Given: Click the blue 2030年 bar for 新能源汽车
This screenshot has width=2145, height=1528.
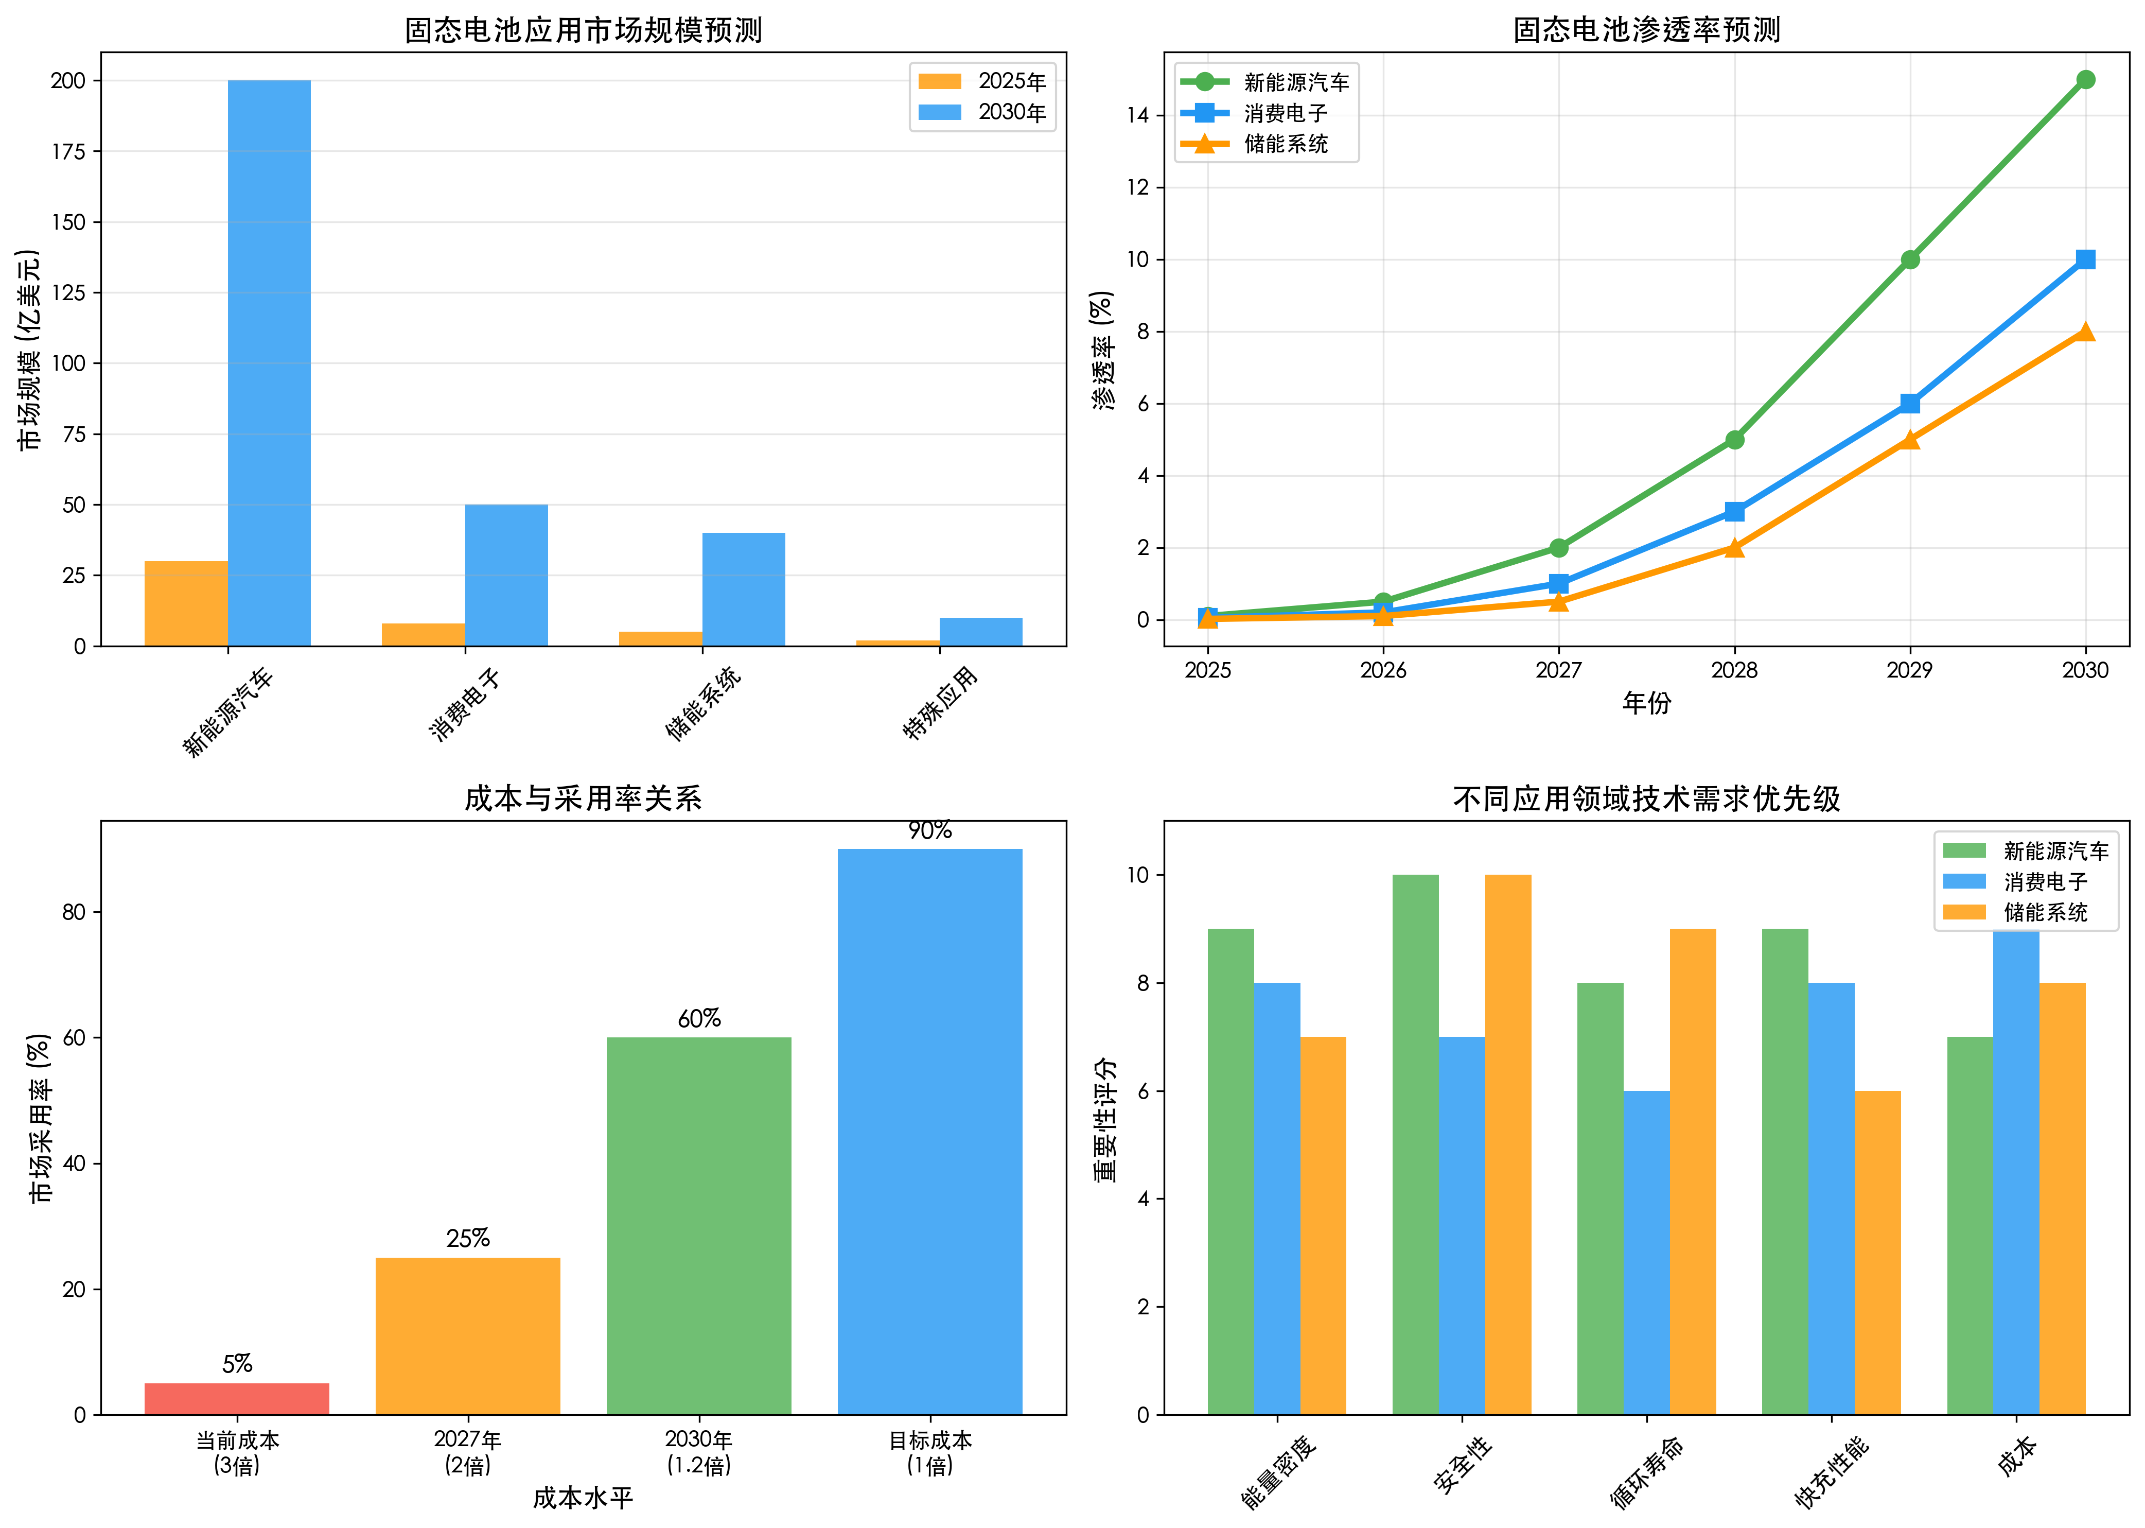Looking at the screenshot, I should (269, 362).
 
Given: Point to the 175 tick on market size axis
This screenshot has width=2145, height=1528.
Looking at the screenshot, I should (68, 151).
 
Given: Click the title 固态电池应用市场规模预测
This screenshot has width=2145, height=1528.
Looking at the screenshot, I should (583, 30).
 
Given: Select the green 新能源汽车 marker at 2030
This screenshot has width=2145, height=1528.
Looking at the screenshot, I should (2085, 80).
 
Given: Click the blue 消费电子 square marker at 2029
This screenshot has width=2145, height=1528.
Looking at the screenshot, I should (1909, 404).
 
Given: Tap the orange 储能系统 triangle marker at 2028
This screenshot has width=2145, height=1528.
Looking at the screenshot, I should (1734, 548).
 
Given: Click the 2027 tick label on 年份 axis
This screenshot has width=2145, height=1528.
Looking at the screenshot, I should (1558, 670).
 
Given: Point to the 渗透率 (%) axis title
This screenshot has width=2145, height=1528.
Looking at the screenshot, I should (1102, 350).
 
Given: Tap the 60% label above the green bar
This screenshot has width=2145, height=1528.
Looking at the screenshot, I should (699, 1018).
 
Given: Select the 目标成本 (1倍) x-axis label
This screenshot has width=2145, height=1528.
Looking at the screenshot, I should (930, 1452).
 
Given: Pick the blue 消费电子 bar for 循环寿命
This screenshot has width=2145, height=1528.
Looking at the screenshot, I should (1647, 1253).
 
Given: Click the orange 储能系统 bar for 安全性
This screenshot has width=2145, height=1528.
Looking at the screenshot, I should (1507, 1144).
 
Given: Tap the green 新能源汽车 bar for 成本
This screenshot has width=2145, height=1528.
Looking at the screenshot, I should (1969, 1225).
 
